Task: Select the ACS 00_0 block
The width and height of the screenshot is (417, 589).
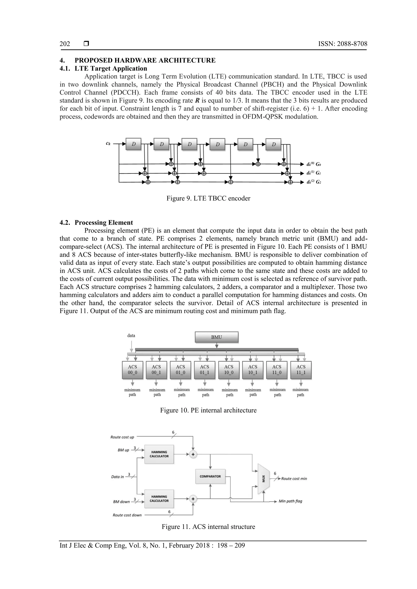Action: (x=132, y=369)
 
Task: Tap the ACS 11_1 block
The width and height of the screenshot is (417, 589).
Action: (x=301, y=369)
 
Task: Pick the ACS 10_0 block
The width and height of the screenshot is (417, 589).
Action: (x=229, y=369)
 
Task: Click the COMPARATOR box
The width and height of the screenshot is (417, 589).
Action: (x=210, y=476)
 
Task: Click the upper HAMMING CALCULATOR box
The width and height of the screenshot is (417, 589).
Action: (x=159, y=454)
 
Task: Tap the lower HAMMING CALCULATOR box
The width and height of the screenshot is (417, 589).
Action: (x=159, y=499)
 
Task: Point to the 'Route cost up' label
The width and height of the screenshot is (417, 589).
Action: (x=122, y=437)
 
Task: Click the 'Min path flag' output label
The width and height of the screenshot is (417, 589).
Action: (x=290, y=501)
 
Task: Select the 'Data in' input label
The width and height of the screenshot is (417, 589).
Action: (x=117, y=477)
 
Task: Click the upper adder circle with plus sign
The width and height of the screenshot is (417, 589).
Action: (x=193, y=454)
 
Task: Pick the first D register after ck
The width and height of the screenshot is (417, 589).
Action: (x=134, y=144)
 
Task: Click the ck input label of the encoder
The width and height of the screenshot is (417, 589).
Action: (x=108, y=144)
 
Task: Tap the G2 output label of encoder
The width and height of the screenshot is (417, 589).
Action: (x=319, y=182)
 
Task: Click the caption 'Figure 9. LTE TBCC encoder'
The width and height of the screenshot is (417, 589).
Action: (x=208, y=198)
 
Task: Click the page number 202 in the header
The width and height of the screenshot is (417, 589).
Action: (x=65, y=44)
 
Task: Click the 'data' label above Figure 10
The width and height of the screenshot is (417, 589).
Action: (x=131, y=335)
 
